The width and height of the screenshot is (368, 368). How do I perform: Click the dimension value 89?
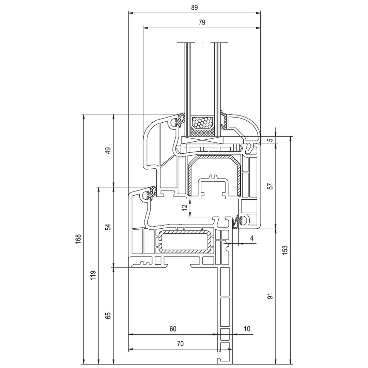coord(194,7)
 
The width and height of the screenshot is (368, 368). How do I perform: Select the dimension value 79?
coord(202,22)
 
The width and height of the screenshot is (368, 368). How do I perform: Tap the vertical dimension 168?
coord(78,239)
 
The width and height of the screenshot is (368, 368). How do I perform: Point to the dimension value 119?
coord(93,275)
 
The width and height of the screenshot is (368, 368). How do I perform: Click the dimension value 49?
coord(108,151)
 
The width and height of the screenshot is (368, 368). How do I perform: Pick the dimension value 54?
coord(108,227)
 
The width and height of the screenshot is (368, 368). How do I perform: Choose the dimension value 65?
coord(108,316)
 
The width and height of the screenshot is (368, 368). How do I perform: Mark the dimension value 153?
coord(285,250)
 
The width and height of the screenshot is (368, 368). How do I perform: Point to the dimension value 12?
coord(185,207)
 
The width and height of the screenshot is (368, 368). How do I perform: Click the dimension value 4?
coord(252,239)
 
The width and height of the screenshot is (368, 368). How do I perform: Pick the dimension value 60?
coord(173,329)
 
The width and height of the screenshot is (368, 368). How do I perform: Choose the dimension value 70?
coord(180,344)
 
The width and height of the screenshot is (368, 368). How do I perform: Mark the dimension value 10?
coord(247,329)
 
